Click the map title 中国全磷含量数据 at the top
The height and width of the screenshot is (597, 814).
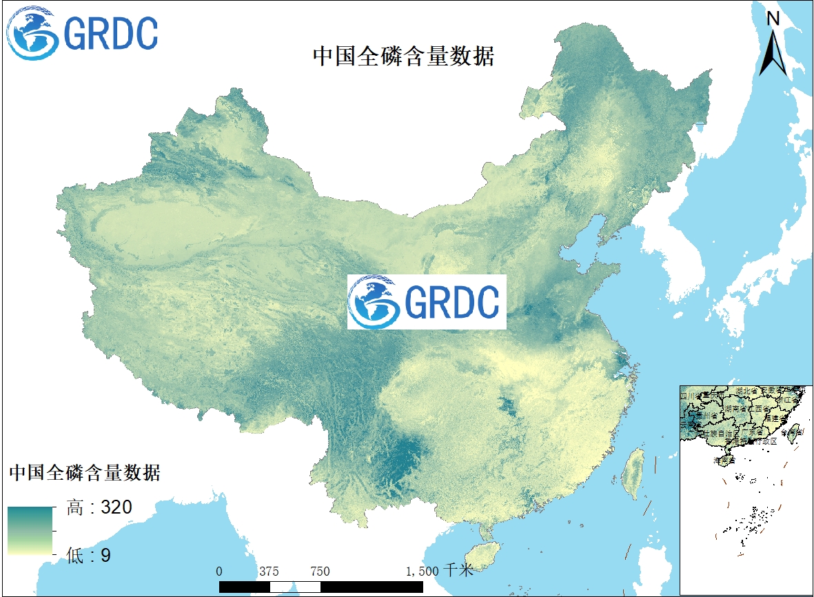pos(403,57)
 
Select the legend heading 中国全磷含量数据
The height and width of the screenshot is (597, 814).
pos(85,473)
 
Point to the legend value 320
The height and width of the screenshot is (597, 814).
pos(116,508)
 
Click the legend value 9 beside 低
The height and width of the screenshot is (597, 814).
pos(105,555)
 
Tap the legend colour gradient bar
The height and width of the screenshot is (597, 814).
pos(30,531)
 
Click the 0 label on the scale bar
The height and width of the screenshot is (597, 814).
pos(219,571)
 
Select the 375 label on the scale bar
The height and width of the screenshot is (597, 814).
pos(269,571)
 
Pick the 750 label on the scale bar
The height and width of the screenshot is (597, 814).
pos(320,571)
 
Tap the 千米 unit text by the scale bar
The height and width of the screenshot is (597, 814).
pos(458,571)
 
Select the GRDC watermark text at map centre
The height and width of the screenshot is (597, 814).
pos(451,302)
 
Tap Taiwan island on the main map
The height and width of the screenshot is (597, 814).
pos(633,474)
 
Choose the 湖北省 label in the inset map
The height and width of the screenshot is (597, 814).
pos(746,391)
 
